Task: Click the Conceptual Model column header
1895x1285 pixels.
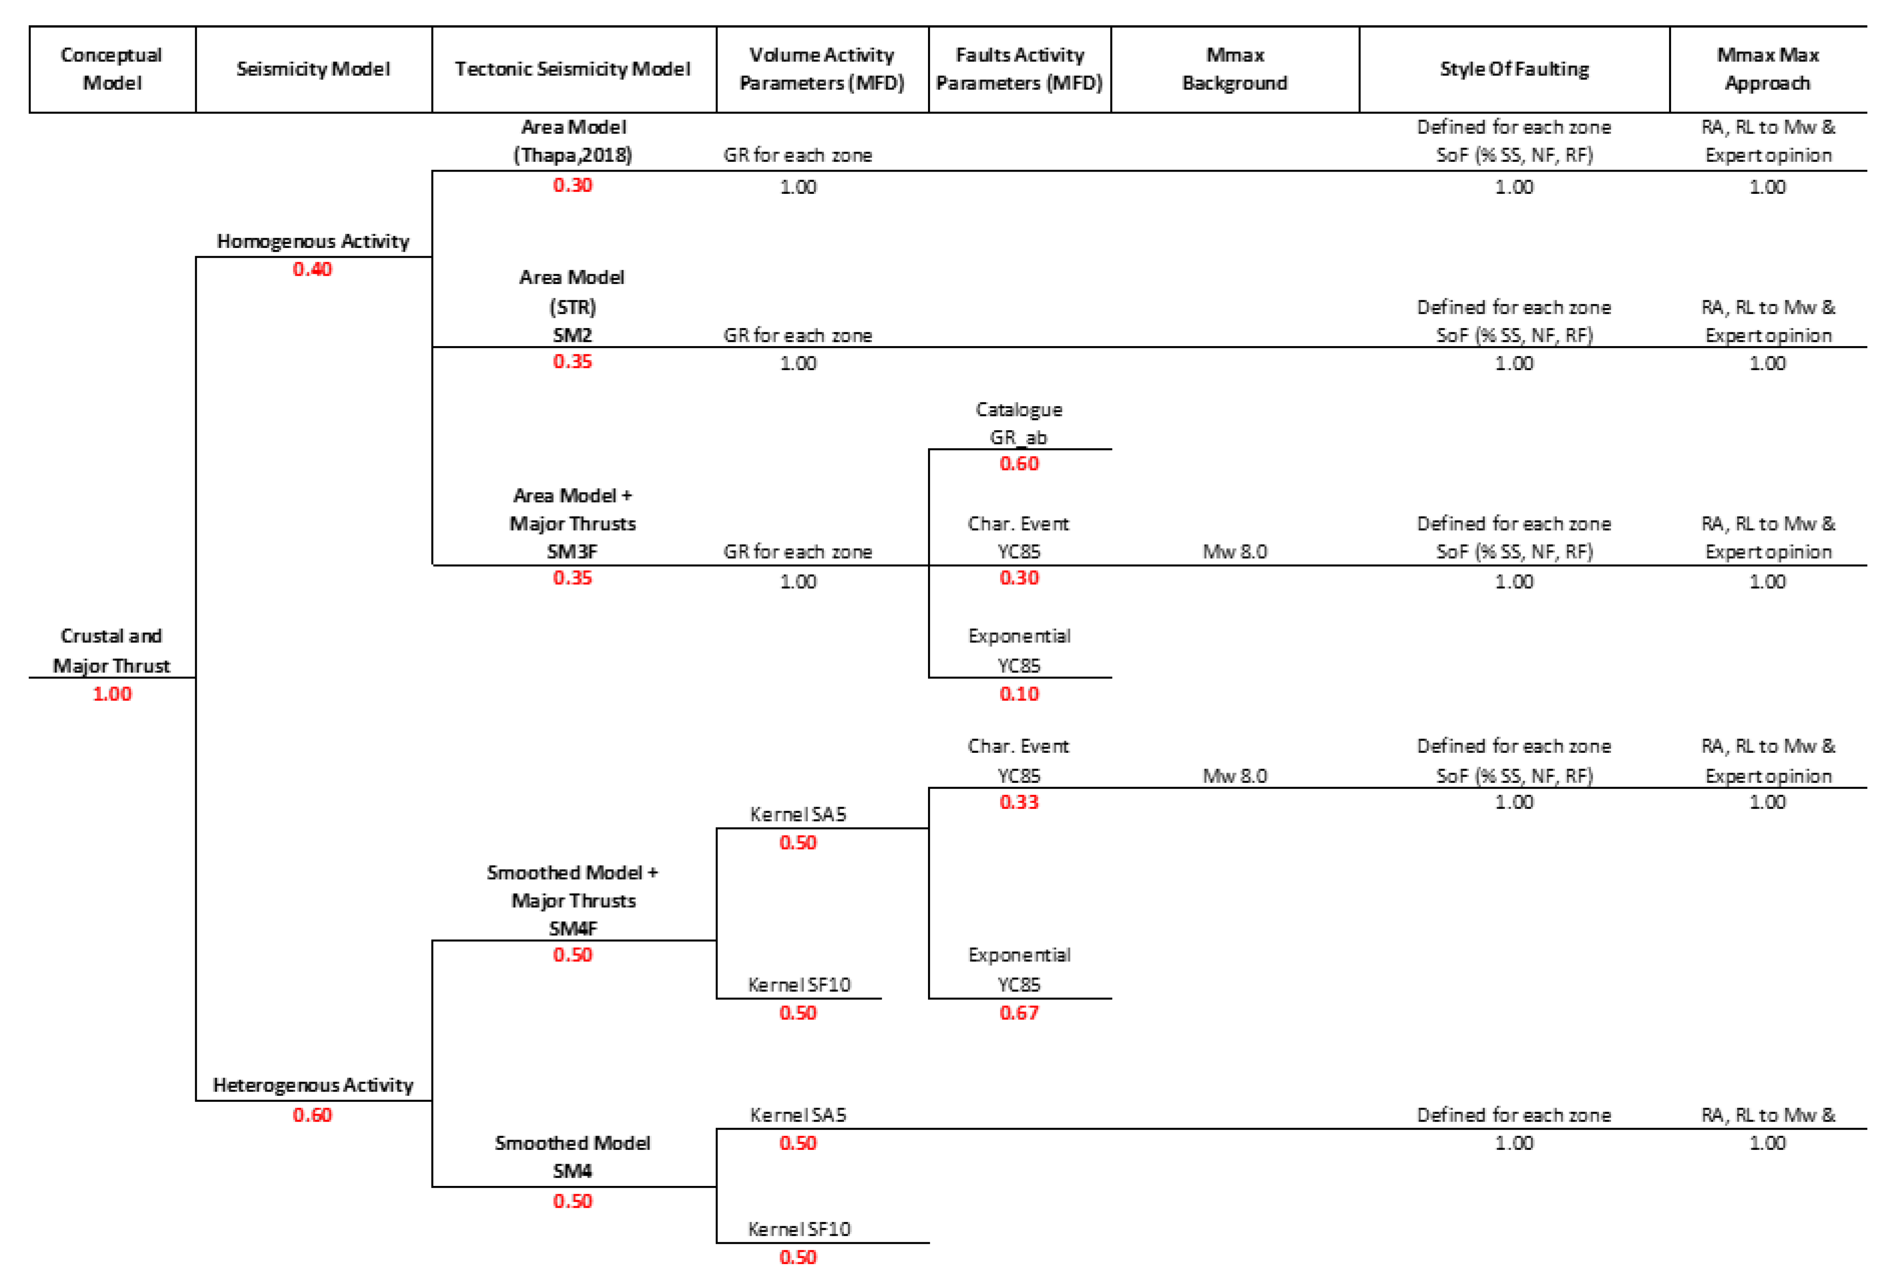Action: pyautogui.click(x=112, y=69)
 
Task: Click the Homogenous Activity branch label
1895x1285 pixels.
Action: pyautogui.click(x=312, y=241)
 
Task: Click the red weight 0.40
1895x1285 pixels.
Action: pyautogui.click(x=312, y=269)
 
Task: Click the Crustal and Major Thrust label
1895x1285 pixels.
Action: pyautogui.click(x=112, y=651)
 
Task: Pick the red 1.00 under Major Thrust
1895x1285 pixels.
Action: pyautogui.click(x=112, y=694)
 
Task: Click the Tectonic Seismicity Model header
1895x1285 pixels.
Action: pyautogui.click(x=572, y=69)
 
